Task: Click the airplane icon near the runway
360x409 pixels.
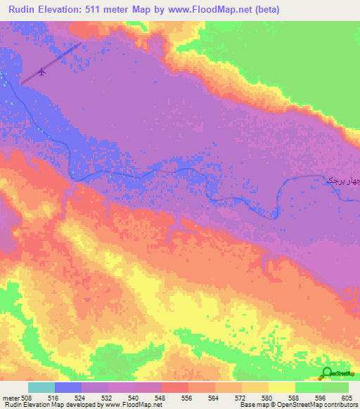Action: (x=44, y=71)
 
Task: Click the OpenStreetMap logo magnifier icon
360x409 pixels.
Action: (x=328, y=374)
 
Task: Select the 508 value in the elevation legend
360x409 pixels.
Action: (x=27, y=397)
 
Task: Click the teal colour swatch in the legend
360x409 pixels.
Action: (x=41, y=387)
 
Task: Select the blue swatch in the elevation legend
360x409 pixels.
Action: (x=68, y=387)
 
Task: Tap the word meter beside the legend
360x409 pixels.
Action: (x=10, y=397)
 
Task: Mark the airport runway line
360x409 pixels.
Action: (x=52, y=63)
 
